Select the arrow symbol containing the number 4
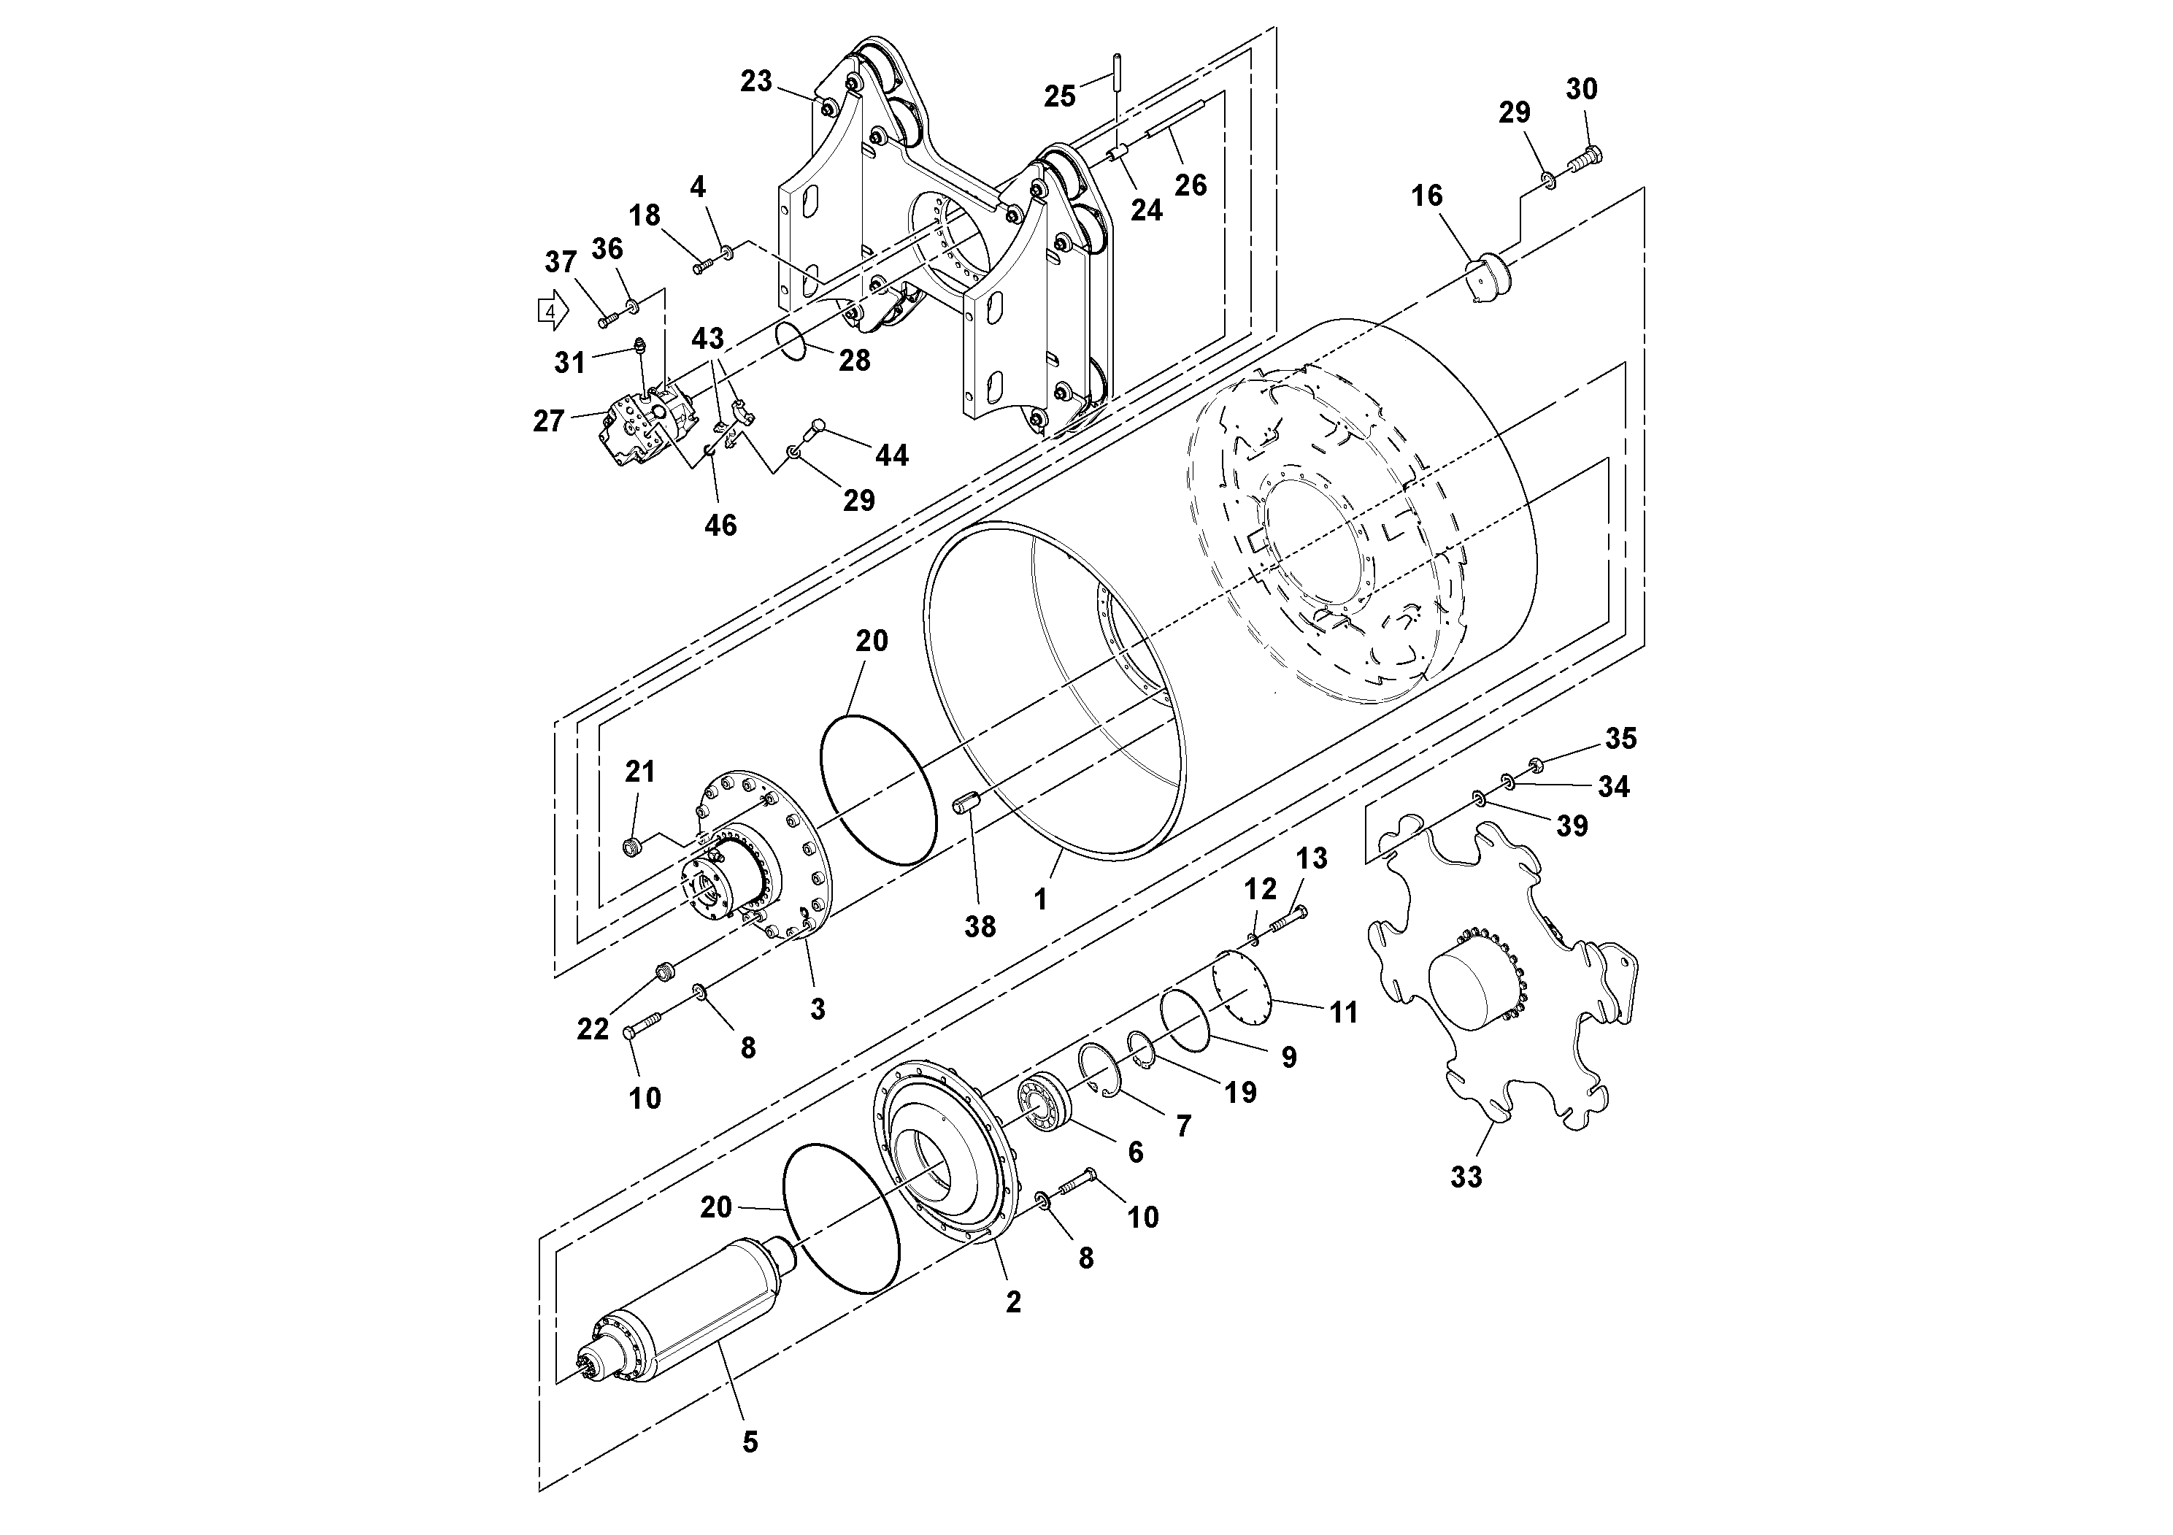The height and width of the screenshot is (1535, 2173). (x=553, y=310)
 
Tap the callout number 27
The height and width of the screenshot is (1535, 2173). (x=549, y=421)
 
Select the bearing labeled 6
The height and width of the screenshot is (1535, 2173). (x=1043, y=1105)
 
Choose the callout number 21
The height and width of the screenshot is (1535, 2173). (x=641, y=772)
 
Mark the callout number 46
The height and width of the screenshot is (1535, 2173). (x=720, y=526)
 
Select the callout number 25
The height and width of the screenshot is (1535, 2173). (x=1060, y=96)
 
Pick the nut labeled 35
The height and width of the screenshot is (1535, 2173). (x=1536, y=763)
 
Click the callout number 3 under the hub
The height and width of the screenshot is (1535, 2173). (x=818, y=1009)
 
